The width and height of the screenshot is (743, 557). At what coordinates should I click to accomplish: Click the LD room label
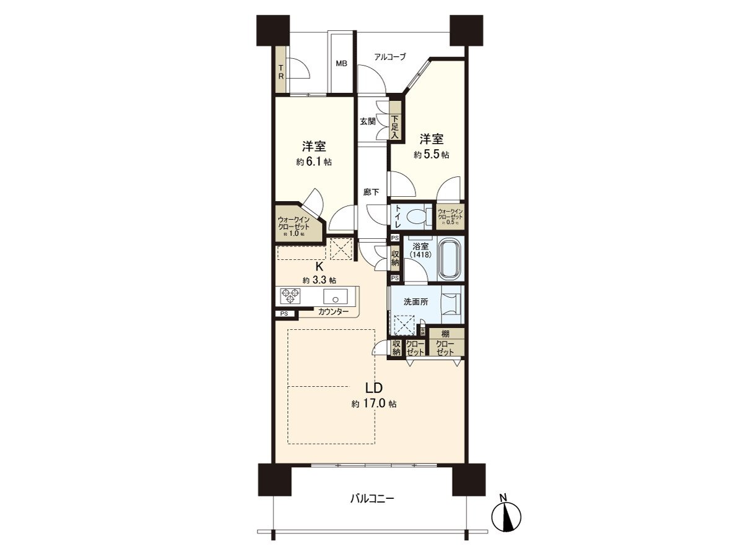[373, 388]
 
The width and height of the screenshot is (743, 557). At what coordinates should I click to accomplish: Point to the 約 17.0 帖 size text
[373, 404]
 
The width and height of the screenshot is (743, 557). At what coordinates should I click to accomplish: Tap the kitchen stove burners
[291, 295]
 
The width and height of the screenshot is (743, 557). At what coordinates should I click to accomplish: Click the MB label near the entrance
[341, 63]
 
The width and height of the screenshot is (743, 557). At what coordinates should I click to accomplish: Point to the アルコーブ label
[390, 57]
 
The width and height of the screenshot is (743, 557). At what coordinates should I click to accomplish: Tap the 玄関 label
[368, 121]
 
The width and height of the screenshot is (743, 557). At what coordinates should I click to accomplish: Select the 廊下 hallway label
[371, 192]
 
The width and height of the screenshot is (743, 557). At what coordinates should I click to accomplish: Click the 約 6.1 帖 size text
[313, 162]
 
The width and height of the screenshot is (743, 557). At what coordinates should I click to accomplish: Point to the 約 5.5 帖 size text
[432, 155]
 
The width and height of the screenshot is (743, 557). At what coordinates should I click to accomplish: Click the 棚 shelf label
[445, 334]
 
